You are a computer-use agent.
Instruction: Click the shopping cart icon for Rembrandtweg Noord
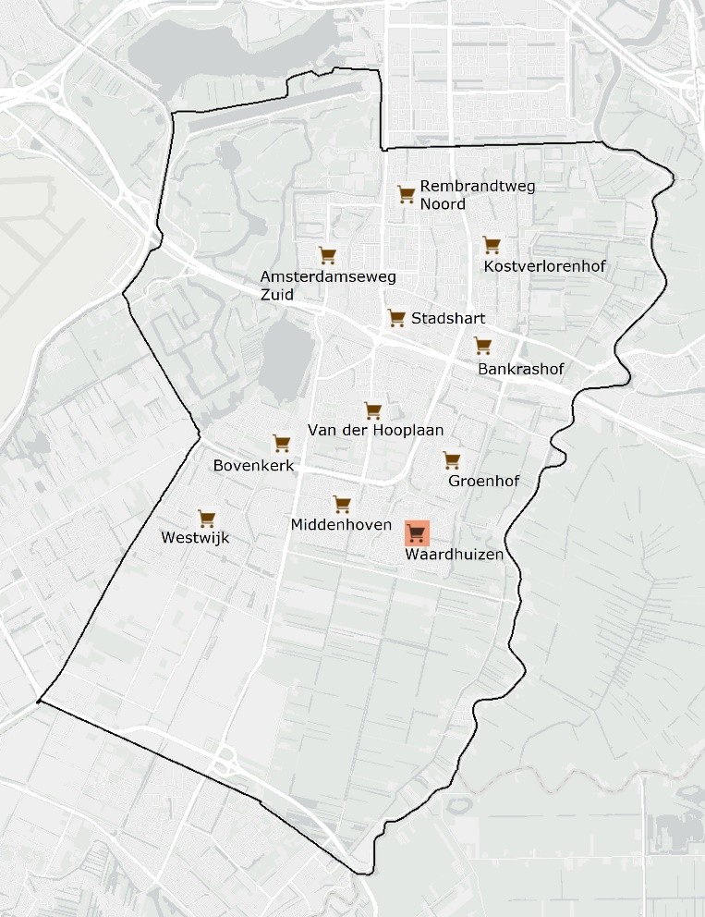click(406, 193)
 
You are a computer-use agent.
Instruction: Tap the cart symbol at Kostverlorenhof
click(492, 245)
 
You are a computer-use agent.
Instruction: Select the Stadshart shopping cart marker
click(396, 318)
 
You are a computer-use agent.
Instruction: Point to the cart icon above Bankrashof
click(482, 346)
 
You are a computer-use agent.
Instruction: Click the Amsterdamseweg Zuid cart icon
click(326, 255)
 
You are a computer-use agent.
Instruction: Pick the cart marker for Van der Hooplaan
click(372, 410)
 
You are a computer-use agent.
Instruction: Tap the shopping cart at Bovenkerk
click(281, 444)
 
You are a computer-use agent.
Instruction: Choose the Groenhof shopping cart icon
click(451, 459)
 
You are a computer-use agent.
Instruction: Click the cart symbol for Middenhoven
click(342, 505)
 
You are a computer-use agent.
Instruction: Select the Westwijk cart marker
click(206, 519)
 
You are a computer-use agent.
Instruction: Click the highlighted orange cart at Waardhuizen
click(417, 533)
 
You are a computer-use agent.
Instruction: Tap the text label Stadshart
click(448, 319)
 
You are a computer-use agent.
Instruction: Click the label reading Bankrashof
click(520, 370)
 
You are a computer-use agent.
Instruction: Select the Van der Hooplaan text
click(375, 431)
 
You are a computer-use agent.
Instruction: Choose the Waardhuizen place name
click(454, 555)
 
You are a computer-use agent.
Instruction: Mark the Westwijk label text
click(194, 538)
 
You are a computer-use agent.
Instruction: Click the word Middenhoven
click(341, 525)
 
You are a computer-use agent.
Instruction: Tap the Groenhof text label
click(483, 481)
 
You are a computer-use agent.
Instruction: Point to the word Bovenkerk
click(253, 466)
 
